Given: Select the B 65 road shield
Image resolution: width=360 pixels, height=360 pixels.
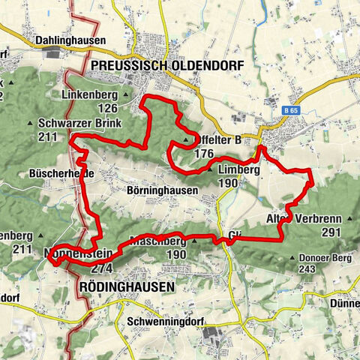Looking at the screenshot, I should [x=292, y=110].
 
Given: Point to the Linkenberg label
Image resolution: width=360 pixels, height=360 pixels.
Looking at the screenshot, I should [x=91, y=95].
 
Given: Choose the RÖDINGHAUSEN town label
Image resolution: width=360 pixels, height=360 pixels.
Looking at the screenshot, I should [x=126, y=287].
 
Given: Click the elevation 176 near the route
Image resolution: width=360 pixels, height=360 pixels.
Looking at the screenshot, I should [x=203, y=153].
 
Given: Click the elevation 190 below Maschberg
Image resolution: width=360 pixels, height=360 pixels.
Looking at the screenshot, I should [x=155, y=255].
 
